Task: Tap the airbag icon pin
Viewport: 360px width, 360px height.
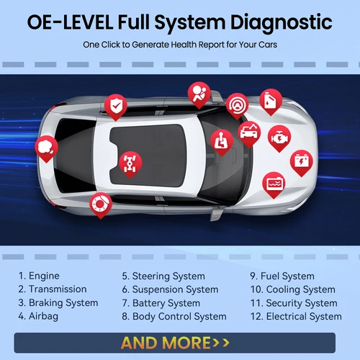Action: tap(199, 94)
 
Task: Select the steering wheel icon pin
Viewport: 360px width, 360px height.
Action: tap(236, 105)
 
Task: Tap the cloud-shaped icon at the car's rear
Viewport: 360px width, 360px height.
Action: tap(47, 147)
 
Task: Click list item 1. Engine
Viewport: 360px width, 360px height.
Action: tap(39, 276)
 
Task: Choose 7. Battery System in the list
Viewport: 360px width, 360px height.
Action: tap(162, 302)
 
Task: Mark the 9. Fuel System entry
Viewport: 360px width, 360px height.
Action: tap(282, 276)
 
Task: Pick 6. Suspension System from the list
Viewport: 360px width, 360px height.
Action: tap(170, 289)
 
